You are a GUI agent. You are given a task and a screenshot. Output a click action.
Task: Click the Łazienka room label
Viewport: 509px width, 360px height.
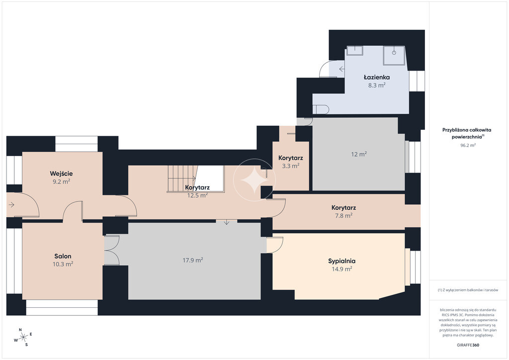pos(377,77)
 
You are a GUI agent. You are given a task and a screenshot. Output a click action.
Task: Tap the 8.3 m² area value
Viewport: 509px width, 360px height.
pos(377,86)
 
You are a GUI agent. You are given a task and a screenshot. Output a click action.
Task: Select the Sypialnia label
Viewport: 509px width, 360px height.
pos(341,261)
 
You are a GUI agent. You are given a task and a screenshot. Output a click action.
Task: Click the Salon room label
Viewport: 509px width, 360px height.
pos(63,256)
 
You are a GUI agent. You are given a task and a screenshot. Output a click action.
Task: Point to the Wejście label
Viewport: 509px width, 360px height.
pos(61,174)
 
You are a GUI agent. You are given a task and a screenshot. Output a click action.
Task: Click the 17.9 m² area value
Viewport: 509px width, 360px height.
pos(193,260)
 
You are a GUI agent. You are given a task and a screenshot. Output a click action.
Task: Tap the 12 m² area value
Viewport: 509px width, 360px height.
pos(359,154)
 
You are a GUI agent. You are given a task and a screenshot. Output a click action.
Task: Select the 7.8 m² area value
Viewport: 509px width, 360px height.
pos(344,215)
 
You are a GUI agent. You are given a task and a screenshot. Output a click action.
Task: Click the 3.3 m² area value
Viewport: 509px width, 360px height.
pos(290,166)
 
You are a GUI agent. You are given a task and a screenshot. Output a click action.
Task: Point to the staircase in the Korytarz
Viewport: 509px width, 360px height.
pos(182,179)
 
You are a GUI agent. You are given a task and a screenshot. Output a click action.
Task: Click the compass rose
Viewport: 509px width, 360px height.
pos(23,338)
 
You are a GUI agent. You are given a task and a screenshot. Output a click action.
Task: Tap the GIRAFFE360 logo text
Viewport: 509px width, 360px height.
pos(468,345)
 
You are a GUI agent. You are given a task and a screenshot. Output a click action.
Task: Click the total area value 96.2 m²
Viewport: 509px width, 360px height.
pos(468,145)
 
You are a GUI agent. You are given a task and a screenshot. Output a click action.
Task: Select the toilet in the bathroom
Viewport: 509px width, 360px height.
pos(321,110)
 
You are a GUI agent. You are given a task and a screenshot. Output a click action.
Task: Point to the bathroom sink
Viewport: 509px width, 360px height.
pos(355,50)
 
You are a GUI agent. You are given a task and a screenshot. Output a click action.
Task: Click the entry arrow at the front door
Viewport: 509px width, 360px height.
pos(11,205)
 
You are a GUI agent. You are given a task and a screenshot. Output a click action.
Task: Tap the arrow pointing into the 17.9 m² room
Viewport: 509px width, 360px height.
pos(227,222)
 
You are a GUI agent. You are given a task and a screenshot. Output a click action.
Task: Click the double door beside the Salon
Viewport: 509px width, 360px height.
pos(112,250)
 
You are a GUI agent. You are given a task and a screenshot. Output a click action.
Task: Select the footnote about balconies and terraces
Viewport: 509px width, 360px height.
pos(468,290)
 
